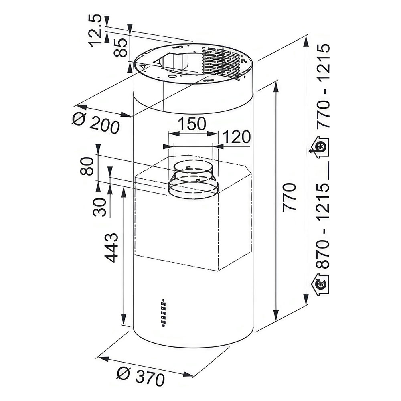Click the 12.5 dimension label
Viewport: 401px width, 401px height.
(x=95, y=31)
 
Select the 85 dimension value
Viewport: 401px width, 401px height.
(x=120, y=48)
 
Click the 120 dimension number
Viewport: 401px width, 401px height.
(x=236, y=137)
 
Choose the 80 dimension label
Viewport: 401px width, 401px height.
(x=86, y=166)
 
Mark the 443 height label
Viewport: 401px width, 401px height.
(x=112, y=247)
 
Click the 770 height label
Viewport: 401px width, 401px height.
(x=289, y=196)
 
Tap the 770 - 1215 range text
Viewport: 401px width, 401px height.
(x=323, y=87)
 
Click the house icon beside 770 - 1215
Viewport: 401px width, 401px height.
(x=320, y=148)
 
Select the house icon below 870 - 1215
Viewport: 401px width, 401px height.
(x=320, y=284)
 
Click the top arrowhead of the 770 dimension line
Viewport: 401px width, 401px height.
(x=276, y=87)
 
